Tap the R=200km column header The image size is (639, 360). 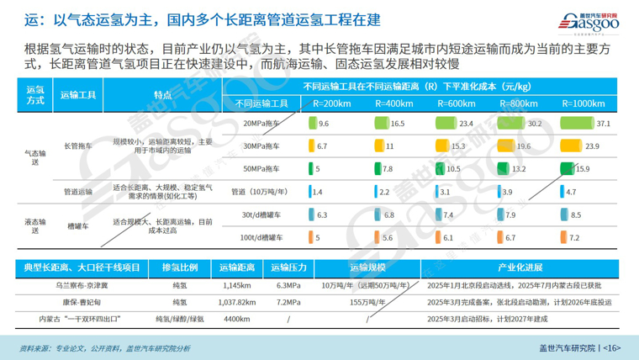point(331,103)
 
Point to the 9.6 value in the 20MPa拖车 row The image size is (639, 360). point(324,124)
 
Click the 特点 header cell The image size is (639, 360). point(162,94)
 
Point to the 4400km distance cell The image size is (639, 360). point(236,318)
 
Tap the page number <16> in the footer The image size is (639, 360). point(611,347)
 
